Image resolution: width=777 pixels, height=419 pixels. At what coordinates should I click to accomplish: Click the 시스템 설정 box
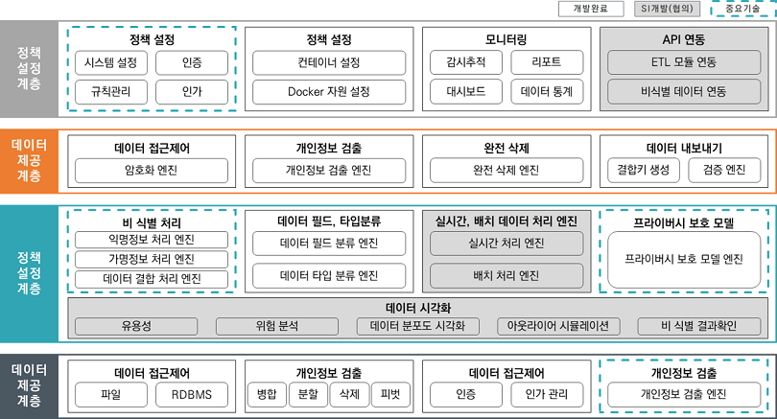pyautogui.click(x=111, y=63)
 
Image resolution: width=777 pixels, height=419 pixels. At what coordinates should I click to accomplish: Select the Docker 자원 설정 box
pyautogui.click(x=329, y=92)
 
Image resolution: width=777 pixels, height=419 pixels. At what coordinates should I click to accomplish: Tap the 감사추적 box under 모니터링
pyautogui.click(x=466, y=62)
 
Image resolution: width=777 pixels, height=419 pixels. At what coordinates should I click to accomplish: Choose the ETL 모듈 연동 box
pyautogui.click(x=684, y=62)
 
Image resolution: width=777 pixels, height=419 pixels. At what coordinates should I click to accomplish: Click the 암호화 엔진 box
pyautogui.click(x=152, y=171)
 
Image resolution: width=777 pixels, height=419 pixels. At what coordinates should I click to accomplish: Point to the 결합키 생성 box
pyautogui.click(x=644, y=171)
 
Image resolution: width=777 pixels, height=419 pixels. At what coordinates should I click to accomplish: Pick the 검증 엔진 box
pyautogui.click(x=724, y=171)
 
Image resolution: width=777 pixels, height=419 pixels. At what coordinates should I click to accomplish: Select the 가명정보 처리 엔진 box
pyautogui.click(x=152, y=259)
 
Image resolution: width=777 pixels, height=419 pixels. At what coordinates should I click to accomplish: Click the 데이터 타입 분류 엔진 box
pyautogui.click(x=329, y=275)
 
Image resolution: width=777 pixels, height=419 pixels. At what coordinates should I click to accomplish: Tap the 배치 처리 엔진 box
pyautogui.click(x=506, y=275)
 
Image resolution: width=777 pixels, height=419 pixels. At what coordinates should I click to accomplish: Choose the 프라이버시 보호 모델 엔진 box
pyautogui.click(x=684, y=260)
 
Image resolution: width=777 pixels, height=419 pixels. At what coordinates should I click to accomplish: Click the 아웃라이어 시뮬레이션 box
pyautogui.click(x=558, y=326)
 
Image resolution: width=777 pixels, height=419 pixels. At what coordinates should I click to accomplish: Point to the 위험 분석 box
pyautogui.click(x=277, y=326)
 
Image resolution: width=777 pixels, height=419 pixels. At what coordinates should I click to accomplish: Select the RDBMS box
pyautogui.click(x=192, y=395)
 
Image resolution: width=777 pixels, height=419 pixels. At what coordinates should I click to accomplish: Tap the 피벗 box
pyautogui.click(x=390, y=395)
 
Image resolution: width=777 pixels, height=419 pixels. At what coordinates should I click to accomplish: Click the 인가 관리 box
pyautogui.click(x=547, y=395)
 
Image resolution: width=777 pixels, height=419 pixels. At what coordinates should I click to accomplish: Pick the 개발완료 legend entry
pyautogui.click(x=591, y=9)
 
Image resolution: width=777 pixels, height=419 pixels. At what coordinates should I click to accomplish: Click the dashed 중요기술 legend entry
pyautogui.click(x=743, y=9)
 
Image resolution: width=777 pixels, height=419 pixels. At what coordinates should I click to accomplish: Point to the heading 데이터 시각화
pyautogui.click(x=418, y=308)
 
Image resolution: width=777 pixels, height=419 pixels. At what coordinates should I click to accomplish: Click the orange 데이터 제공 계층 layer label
pyautogui.click(x=29, y=160)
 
